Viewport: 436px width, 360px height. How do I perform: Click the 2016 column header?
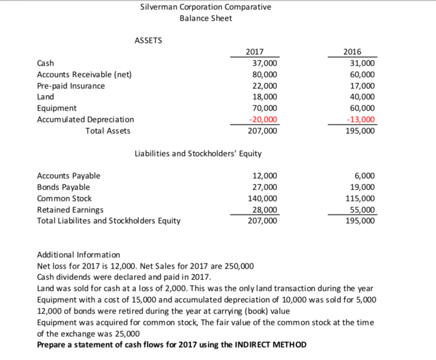(x=353, y=52)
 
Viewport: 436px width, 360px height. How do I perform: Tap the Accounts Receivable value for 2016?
(x=362, y=74)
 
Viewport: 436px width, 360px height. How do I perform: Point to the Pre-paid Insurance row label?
(x=71, y=86)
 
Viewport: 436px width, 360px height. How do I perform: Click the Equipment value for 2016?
(x=362, y=108)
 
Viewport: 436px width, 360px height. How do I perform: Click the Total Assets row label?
(x=107, y=131)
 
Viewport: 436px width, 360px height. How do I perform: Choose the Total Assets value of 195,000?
(x=360, y=131)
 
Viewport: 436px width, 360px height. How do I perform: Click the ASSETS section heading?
(x=148, y=40)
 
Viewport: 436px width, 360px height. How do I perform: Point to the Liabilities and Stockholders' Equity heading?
(x=198, y=153)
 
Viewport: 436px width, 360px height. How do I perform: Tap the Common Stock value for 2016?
(x=360, y=198)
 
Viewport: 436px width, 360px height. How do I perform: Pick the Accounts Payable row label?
(x=69, y=176)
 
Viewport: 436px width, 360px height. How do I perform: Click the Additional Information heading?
(x=79, y=255)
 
